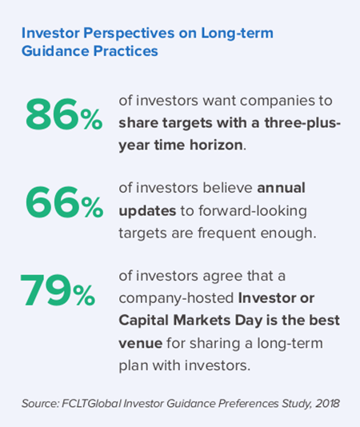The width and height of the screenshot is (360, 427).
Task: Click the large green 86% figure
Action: click(x=64, y=114)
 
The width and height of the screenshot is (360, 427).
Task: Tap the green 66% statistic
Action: click(x=64, y=202)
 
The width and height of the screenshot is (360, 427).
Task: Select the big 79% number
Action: click(x=58, y=290)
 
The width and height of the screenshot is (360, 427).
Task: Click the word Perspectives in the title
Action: click(x=129, y=34)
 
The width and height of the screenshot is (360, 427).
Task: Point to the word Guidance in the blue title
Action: click(x=55, y=51)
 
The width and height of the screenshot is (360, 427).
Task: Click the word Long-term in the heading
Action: click(x=237, y=34)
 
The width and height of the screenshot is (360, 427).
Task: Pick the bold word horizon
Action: click(x=216, y=145)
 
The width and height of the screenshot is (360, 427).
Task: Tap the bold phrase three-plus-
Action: click(x=302, y=123)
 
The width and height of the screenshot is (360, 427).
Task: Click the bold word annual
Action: click(x=281, y=188)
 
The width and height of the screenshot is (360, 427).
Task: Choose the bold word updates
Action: click(x=147, y=211)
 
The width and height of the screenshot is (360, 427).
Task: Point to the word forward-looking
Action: click(x=252, y=211)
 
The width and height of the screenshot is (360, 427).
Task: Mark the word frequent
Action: click(x=227, y=233)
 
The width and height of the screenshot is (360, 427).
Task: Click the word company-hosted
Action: click(x=176, y=298)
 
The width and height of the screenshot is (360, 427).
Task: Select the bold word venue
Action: click(x=141, y=343)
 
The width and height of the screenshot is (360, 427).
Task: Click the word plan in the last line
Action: click(x=134, y=365)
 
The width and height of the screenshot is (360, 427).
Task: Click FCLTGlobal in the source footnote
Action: click(x=91, y=403)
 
